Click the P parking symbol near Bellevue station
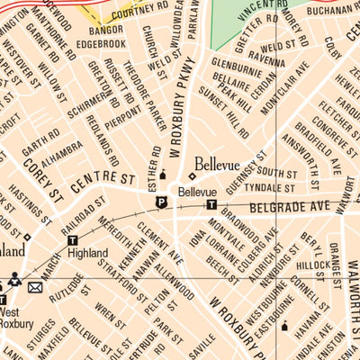pyautogui.click(x=162, y=202)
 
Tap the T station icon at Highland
pyautogui.click(x=73, y=239)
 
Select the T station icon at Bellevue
pyautogui.click(x=211, y=205)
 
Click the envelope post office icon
pyautogui.click(x=35, y=287)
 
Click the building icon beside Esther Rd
pyautogui.click(x=163, y=174)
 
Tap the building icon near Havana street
pyautogui.click(x=284, y=326)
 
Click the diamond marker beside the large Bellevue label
pyautogui.click(x=192, y=176)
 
